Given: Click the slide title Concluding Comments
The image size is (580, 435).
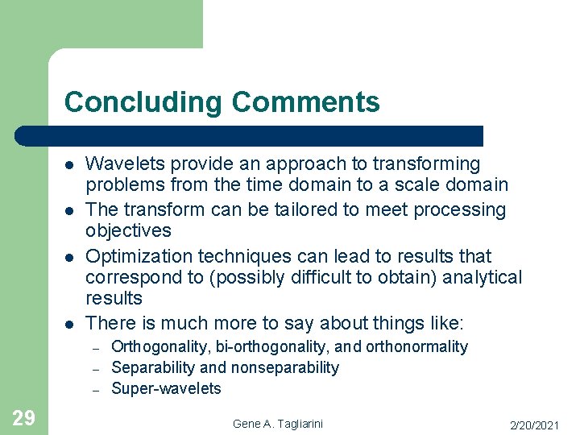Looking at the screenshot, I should click(x=222, y=102).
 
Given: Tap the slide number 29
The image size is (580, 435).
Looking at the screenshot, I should click(x=23, y=417).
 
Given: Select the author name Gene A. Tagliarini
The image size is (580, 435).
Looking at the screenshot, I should click(x=278, y=424).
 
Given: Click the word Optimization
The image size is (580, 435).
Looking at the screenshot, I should click(x=135, y=257).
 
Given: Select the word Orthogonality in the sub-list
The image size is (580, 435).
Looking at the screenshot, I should click(x=160, y=347).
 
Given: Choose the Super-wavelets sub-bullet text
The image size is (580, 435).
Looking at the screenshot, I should click(x=166, y=388).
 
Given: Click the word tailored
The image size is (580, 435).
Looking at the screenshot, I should click(x=300, y=210).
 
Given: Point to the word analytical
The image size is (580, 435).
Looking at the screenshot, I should click(x=482, y=278).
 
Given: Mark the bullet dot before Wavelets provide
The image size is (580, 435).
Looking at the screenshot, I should click(x=70, y=165).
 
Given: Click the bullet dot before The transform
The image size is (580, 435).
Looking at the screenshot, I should click(x=70, y=211).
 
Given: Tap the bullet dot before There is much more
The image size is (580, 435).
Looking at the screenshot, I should click(x=70, y=325).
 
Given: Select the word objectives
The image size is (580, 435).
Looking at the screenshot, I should click(x=128, y=231).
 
